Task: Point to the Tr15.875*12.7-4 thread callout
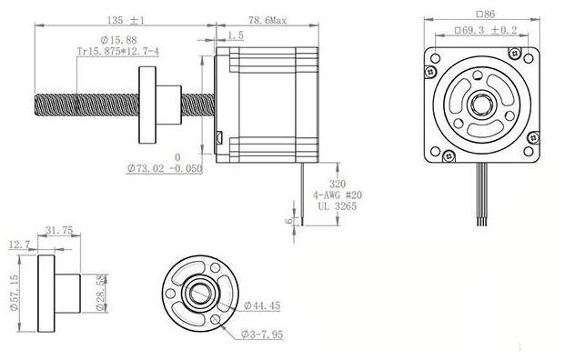tap(117, 53)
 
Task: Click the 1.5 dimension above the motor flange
tap(236, 35)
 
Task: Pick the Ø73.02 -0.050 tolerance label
tap(165, 168)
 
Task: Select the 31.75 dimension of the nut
tap(58, 231)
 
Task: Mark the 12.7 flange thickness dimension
tap(20, 245)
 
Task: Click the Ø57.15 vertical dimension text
tap(13, 290)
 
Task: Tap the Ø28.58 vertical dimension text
tap(100, 291)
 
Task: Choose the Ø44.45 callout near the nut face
tap(262, 306)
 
